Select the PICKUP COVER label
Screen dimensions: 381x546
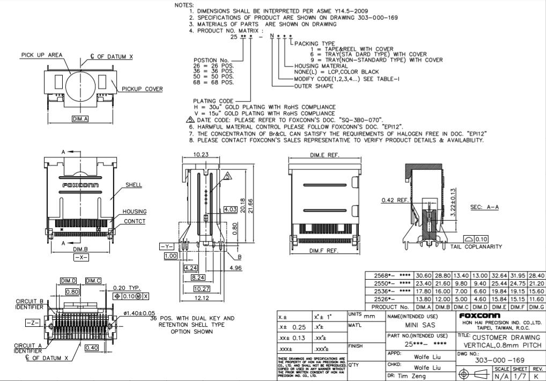(142, 89)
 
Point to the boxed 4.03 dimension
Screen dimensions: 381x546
(231, 209)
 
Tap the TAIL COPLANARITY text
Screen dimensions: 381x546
(476, 247)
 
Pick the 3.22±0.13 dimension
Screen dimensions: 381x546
(454, 203)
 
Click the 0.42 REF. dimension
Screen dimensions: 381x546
(395, 200)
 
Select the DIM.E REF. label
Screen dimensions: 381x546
(324, 155)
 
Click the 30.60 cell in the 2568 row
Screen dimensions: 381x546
(423, 275)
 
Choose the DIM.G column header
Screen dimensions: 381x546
(537, 307)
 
